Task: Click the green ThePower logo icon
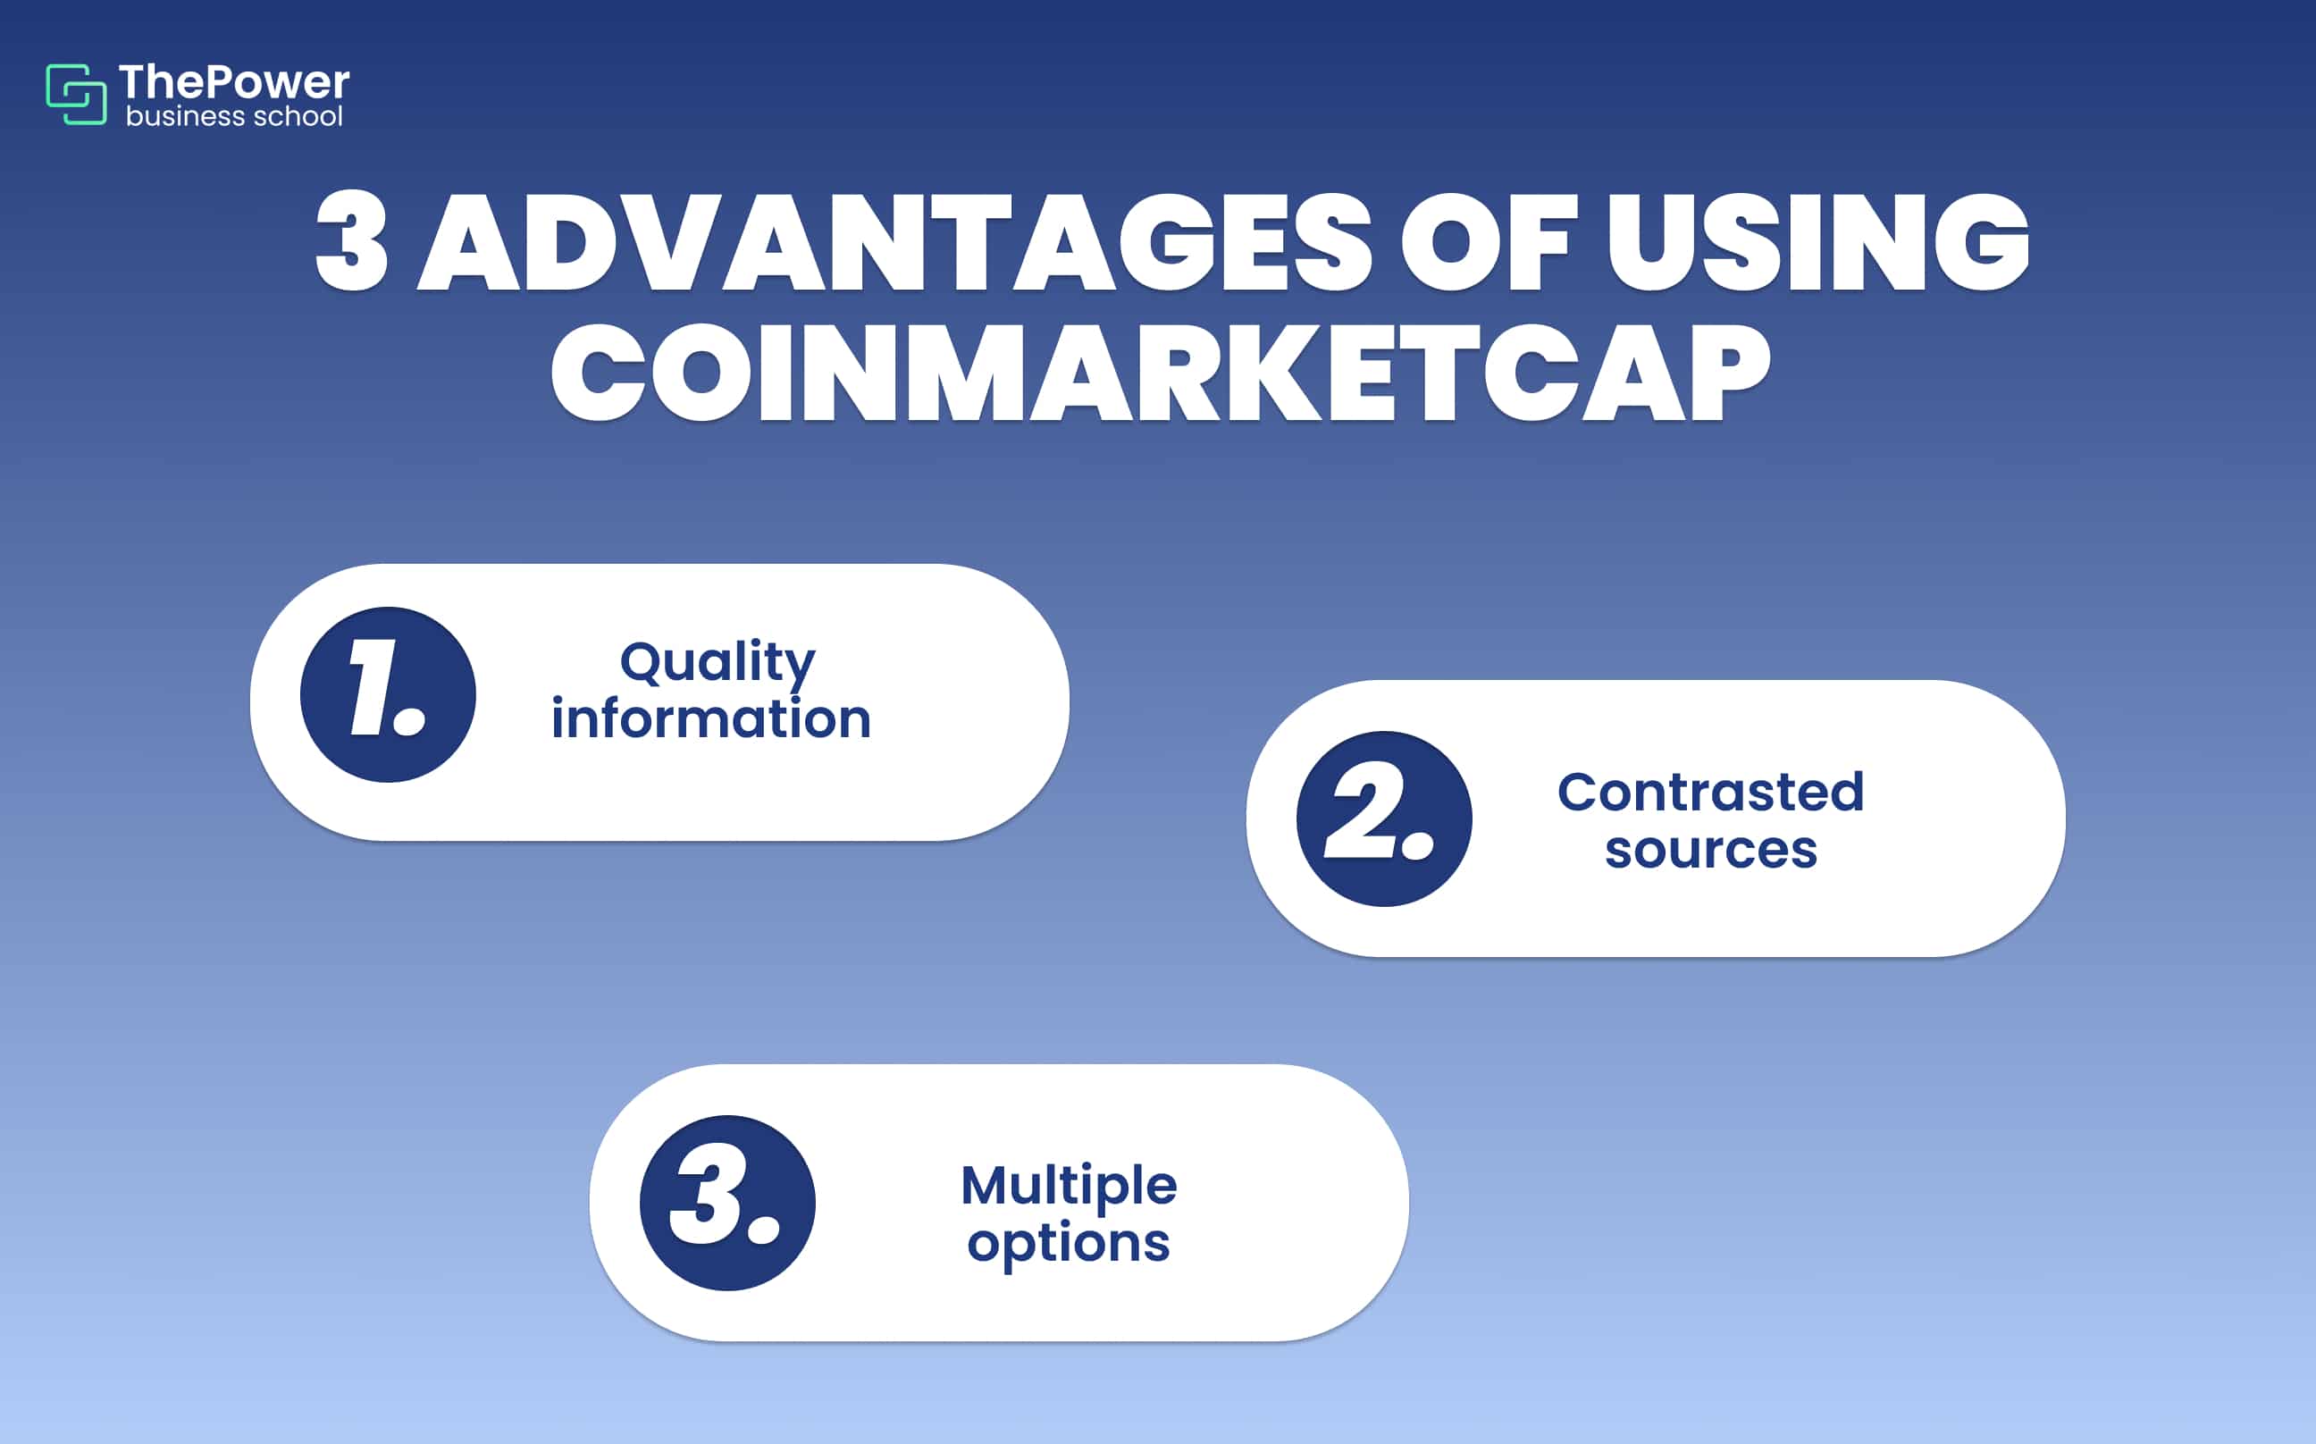75,94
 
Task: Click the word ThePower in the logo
234,82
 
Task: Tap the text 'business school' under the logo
234,116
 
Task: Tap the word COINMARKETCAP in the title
1160,373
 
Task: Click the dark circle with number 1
388,694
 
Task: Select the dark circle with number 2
1384,819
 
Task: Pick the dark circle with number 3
726,1203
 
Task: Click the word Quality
717,662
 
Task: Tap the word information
711,719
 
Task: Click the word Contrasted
1710,792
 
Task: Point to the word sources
1710,849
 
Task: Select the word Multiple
1069,1185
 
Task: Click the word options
1069,1244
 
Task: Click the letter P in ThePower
220,82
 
